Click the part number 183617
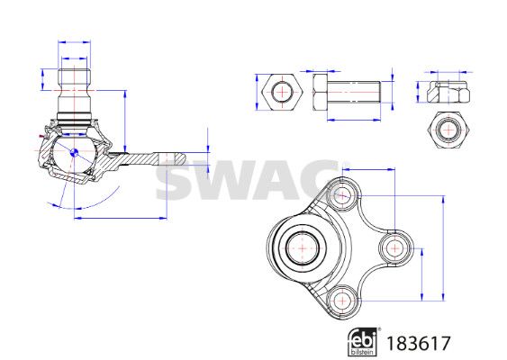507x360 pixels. (419, 344)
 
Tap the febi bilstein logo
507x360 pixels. (363, 342)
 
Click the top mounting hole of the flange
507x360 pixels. (342, 195)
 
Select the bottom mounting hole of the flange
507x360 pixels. (342, 301)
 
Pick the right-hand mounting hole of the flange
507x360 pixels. (395, 248)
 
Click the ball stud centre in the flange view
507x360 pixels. (303, 248)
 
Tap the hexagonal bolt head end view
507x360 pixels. (282, 93)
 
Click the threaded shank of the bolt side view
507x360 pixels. (354, 92)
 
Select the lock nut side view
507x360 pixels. (448, 92)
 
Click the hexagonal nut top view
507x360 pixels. (448, 130)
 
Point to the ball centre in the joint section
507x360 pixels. (74, 152)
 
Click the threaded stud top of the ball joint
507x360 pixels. (74, 78)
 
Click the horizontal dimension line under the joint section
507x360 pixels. (121, 219)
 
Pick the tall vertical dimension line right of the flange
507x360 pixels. (443, 248)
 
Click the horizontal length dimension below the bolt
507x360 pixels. (354, 120)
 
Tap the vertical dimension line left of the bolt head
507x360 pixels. (257, 92)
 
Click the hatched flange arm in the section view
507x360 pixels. (136, 159)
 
